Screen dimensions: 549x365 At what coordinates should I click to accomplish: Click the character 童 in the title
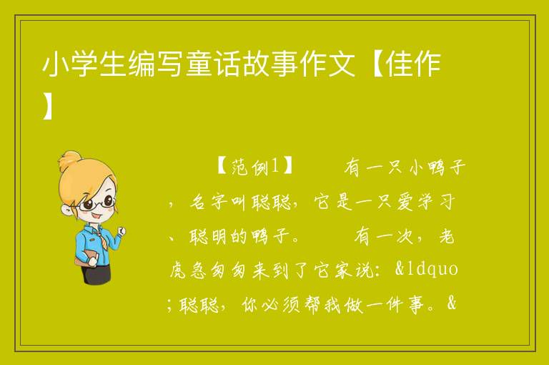[199, 64]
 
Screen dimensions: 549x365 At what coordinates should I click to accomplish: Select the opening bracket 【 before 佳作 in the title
[372, 64]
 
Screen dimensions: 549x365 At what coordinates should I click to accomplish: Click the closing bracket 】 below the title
[48, 105]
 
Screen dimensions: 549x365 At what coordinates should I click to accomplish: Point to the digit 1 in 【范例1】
[275, 167]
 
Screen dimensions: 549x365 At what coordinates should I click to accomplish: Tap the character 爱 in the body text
[406, 203]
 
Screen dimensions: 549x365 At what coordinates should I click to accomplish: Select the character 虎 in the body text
[179, 271]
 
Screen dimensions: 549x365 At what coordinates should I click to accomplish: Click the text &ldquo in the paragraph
[427, 269]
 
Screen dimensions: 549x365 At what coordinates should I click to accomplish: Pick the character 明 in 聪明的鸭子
[219, 237]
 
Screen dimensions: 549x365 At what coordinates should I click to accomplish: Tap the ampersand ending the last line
[452, 303]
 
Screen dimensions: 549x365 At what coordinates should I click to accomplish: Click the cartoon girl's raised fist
[122, 230]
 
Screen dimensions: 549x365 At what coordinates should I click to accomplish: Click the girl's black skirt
[97, 273]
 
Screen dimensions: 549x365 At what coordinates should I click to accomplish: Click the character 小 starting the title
[55, 64]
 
